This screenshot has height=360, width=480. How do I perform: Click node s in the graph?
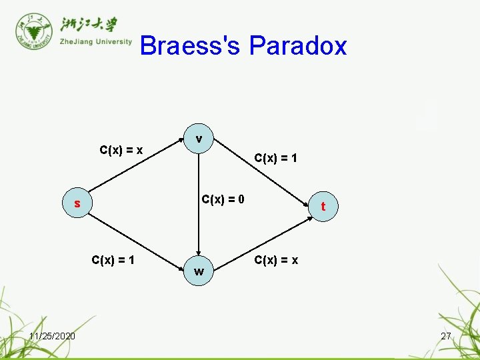(x=77, y=203)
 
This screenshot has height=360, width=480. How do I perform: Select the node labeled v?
(x=199, y=139)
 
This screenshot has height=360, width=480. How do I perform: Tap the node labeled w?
(x=199, y=271)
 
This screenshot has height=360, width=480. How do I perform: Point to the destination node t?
(x=323, y=206)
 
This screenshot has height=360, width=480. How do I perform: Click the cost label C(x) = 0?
(x=223, y=199)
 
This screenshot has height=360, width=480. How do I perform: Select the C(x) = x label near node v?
(x=121, y=149)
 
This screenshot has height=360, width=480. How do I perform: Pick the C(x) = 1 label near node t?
(x=275, y=158)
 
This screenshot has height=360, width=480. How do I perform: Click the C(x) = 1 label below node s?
(x=113, y=259)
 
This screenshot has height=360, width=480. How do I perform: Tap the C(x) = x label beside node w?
(x=276, y=259)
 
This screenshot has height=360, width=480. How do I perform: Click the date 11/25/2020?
(x=52, y=335)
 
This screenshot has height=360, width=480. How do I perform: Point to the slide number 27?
(x=446, y=336)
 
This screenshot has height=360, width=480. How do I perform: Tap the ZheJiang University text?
(x=96, y=41)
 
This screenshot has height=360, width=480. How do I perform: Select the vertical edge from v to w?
(x=198, y=207)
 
